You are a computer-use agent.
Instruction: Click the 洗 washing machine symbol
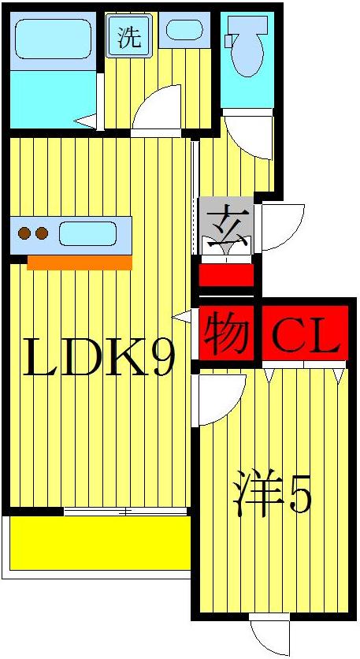pyautogui.click(x=128, y=37)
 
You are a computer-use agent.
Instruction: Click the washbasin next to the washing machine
pyautogui.click(x=184, y=32)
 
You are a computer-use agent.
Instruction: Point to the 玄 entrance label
pyautogui.click(x=226, y=218)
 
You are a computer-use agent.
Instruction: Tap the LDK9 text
pyautogui.click(x=98, y=356)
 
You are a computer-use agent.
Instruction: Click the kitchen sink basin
pyautogui.click(x=87, y=233)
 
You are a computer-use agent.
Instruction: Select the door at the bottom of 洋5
pyautogui.click(x=268, y=635)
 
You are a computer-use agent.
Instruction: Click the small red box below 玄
pyautogui.click(x=226, y=275)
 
